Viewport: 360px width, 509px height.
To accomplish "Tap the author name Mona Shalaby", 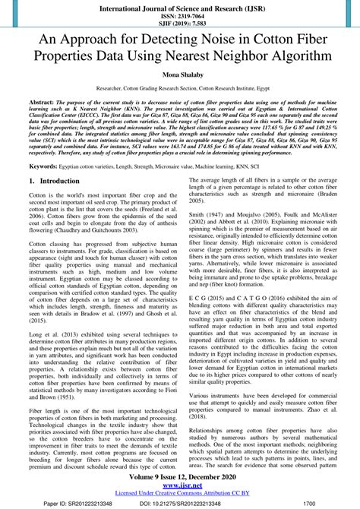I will tap(180, 75).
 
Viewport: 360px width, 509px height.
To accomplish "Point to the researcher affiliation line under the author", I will tap(180, 89).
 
